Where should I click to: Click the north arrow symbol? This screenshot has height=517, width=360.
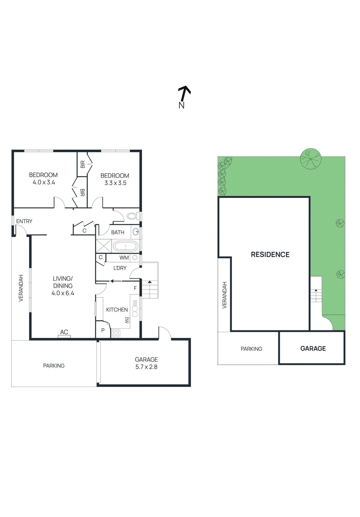click(x=184, y=93)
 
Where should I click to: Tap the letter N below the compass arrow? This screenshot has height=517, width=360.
click(x=181, y=105)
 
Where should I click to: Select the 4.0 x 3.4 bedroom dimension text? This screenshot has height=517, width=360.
click(x=44, y=183)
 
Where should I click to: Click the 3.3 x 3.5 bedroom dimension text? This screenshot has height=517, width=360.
click(x=115, y=183)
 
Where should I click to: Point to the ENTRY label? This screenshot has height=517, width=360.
click(x=24, y=221)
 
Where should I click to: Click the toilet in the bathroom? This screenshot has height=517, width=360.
click(x=132, y=216)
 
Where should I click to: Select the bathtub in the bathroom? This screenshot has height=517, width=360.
click(x=125, y=246)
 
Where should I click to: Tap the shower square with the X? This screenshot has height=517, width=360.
click(x=104, y=246)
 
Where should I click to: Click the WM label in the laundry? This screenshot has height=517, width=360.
click(x=124, y=258)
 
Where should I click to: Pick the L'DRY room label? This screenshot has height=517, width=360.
click(x=120, y=268)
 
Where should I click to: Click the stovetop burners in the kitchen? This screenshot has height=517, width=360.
click(x=116, y=333)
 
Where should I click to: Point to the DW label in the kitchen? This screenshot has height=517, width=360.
click(x=127, y=320)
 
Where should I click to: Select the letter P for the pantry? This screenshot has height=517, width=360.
click(x=103, y=331)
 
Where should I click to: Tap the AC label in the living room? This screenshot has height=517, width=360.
click(x=64, y=332)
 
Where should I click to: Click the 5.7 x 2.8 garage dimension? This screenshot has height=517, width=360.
click(x=146, y=367)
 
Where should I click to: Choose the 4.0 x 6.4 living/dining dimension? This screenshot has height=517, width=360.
click(x=63, y=293)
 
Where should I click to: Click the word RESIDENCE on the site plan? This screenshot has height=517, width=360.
click(x=270, y=255)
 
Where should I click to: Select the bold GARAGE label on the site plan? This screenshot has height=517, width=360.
click(x=313, y=349)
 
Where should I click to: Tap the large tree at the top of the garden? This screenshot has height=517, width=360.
click(x=311, y=159)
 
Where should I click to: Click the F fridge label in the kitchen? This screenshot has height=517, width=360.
click(x=135, y=288)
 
